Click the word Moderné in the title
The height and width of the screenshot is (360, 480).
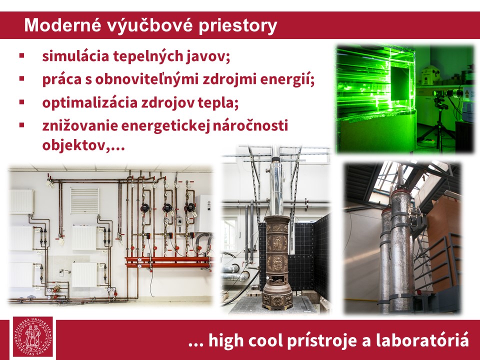(63, 25)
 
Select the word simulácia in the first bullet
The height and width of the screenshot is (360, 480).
(75, 56)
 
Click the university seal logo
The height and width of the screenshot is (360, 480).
(33, 336)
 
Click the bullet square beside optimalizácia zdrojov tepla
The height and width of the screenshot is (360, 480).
(21, 102)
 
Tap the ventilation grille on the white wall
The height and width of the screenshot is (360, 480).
(85, 201)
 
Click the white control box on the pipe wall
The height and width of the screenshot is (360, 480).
(203, 213)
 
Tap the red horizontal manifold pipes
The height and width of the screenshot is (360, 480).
(168, 262)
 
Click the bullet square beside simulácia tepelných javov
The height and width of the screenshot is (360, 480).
(21, 55)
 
